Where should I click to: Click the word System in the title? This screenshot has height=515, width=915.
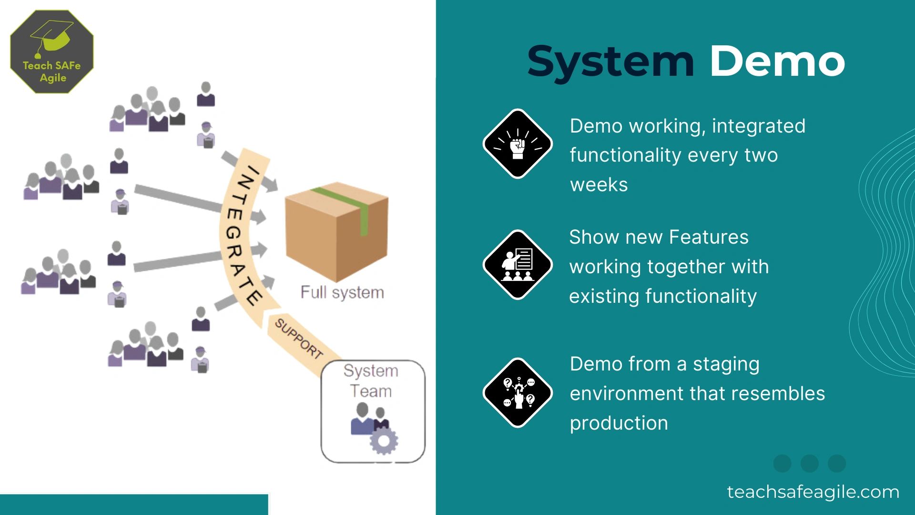[611, 62]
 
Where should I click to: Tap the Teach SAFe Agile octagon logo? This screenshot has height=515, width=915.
[51, 51]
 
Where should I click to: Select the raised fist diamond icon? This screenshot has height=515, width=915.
[518, 144]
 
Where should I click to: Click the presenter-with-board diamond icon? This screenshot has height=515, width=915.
[518, 265]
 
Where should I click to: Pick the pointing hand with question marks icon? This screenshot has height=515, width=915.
[518, 392]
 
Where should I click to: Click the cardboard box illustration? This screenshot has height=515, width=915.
[336, 232]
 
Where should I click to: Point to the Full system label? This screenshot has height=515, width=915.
[342, 292]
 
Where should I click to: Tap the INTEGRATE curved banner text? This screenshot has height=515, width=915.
[241, 234]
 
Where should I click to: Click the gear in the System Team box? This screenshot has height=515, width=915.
[384, 441]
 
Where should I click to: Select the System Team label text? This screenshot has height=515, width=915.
[371, 381]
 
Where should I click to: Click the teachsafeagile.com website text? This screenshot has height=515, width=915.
[813, 492]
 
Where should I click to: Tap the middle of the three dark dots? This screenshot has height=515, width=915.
[809, 463]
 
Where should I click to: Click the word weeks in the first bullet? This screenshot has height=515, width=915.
[599, 185]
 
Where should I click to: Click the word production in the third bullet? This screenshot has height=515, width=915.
[619, 423]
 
